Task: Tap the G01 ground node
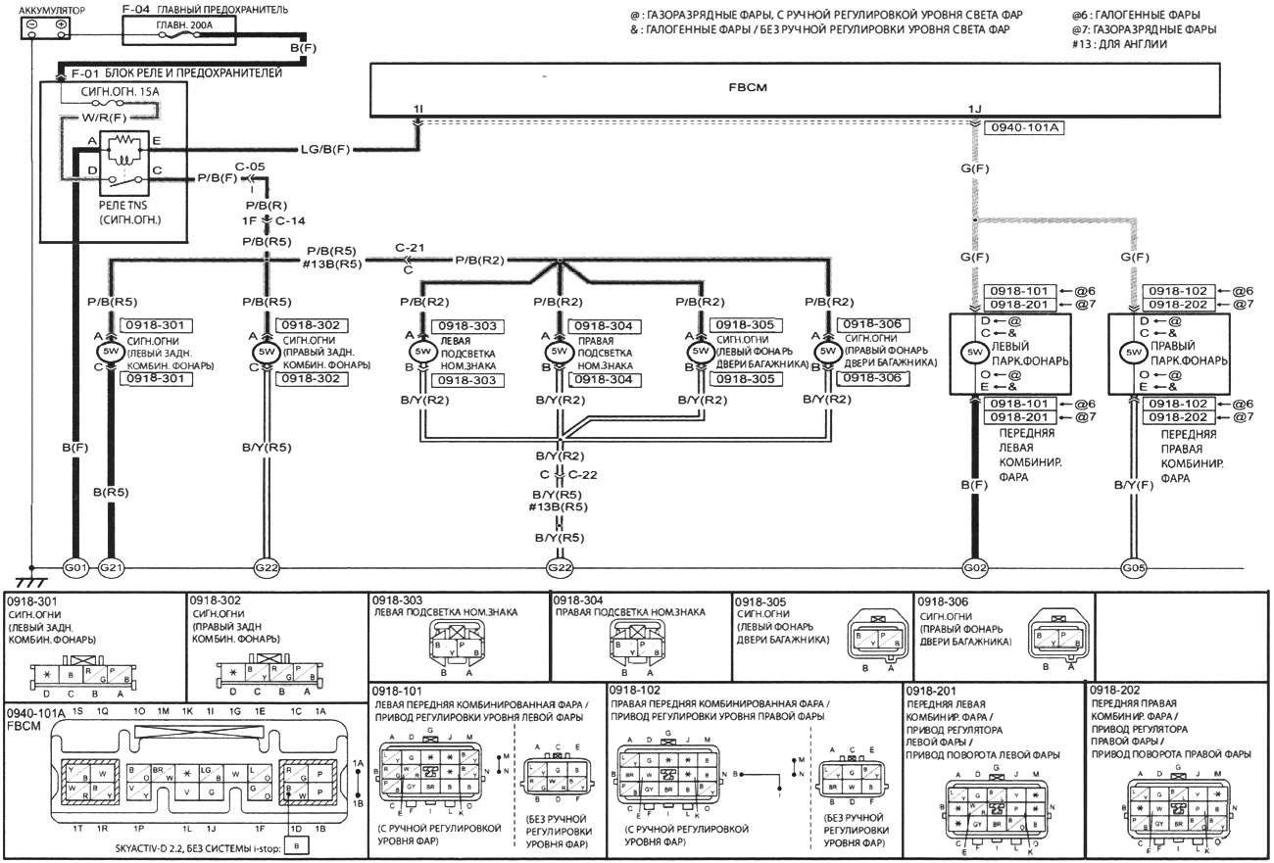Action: tap(75, 567)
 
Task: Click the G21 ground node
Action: tap(111, 567)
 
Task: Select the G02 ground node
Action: tap(975, 567)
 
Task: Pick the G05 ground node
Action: tap(1133, 567)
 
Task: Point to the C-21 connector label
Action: tap(409, 248)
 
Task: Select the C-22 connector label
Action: tap(584, 475)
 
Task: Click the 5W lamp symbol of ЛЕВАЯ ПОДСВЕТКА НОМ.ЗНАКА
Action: tap(423, 351)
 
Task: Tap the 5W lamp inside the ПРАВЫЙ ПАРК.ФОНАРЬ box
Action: tap(1134, 353)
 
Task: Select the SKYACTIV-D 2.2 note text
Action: tap(201, 844)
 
